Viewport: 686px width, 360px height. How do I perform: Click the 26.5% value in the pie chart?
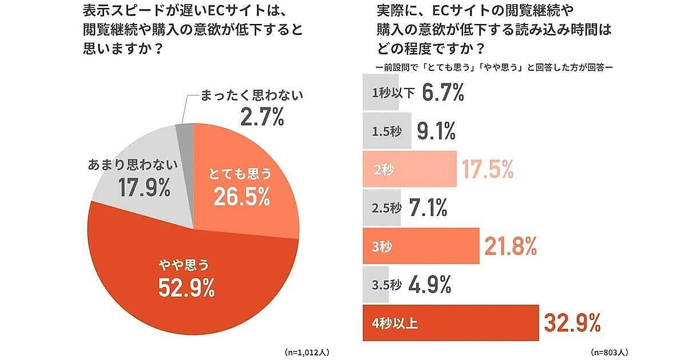coord(241,197)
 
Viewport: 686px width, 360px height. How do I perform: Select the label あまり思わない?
coord(133,166)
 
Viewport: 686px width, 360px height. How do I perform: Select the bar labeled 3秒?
coord(421,246)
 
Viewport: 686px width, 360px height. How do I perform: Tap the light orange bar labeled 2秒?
coord(410,169)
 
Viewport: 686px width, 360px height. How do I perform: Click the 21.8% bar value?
coord(510,246)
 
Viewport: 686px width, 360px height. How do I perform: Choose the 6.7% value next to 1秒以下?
coord(442,93)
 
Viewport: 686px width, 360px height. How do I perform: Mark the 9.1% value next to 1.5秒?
coord(437,131)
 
